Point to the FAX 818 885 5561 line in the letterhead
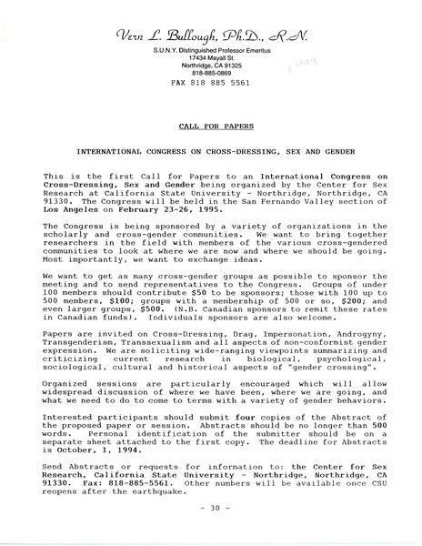211,83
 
